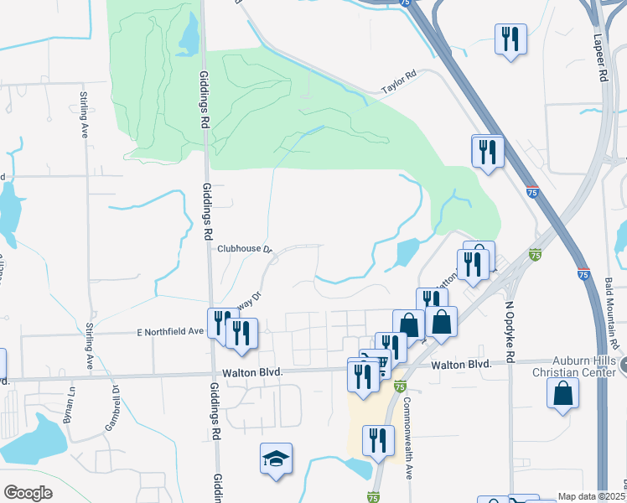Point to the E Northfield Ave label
tap(171, 332)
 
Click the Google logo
tap(28, 493)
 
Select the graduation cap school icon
tap(276, 459)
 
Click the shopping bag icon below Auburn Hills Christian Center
tap(562, 392)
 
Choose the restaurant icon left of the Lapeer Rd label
tap(510, 39)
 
